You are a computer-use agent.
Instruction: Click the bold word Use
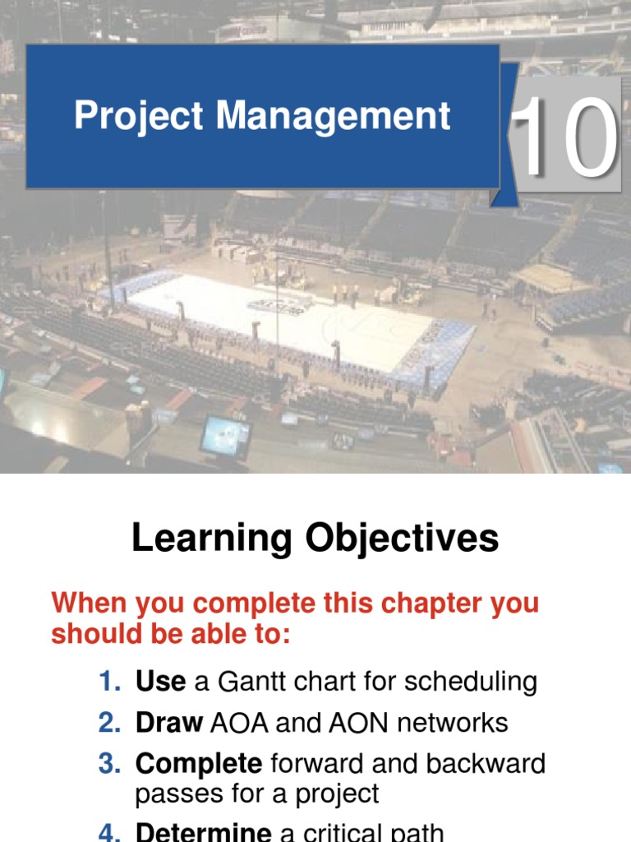pos(160,681)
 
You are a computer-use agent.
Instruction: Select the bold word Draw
pos(169,723)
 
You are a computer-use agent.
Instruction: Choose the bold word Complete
pos(199,764)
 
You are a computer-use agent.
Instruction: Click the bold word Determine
pos(204,832)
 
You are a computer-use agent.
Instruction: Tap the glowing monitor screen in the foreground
pos(224,436)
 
